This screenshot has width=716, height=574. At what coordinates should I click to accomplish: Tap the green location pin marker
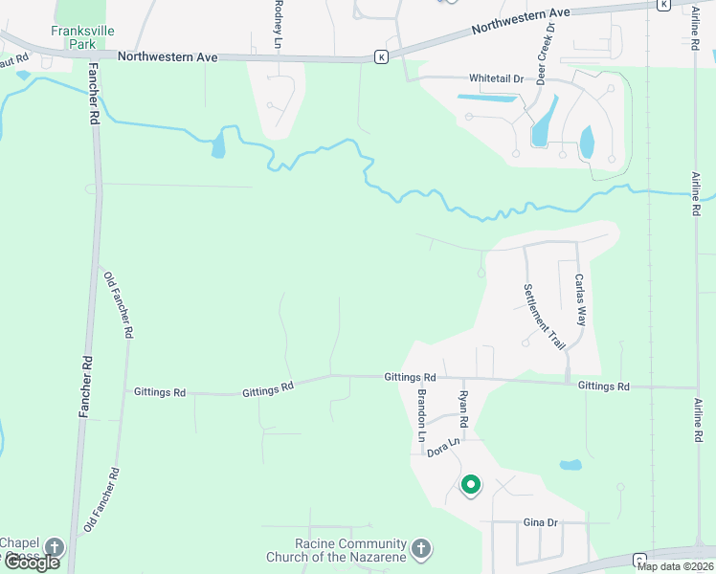click(x=470, y=486)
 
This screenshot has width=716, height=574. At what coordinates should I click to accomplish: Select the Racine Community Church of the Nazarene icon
click(x=421, y=550)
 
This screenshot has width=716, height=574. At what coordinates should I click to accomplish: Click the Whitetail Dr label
click(x=497, y=78)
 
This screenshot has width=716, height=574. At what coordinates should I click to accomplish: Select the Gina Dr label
click(x=540, y=523)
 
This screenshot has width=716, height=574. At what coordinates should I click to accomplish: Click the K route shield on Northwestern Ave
click(x=381, y=57)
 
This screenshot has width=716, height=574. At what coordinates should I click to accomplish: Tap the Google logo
click(x=31, y=563)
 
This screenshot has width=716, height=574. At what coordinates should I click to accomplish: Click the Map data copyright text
click(x=676, y=566)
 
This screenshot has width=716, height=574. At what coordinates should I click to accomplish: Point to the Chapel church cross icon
click(x=55, y=548)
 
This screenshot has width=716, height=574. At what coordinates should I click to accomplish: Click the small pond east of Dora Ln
click(x=571, y=466)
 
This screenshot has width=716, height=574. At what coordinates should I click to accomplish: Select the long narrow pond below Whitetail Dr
click(x=487, y=98)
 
